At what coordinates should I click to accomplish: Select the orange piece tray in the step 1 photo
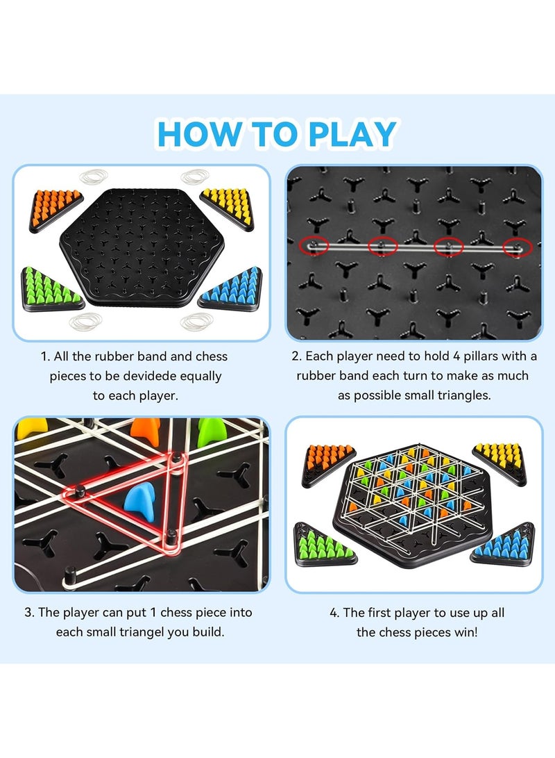pos(55,208)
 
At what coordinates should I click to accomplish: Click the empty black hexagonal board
pos(143,247)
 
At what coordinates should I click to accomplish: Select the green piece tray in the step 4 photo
pos(325,543)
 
